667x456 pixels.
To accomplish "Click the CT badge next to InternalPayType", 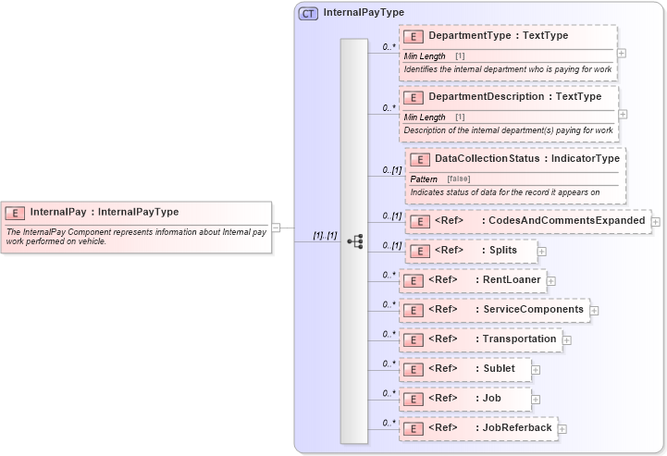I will [308, 13].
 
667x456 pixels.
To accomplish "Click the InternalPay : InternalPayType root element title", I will [104, 212].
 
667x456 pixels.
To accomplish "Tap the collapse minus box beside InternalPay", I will [277, 228].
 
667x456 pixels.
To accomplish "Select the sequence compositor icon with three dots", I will [353, 241].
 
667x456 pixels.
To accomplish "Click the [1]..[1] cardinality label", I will [325, 235].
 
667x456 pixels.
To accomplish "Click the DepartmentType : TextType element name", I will [498, 36].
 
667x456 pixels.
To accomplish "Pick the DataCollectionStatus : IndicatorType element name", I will [526, 158].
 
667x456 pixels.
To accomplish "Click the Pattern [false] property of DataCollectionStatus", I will [438, 178].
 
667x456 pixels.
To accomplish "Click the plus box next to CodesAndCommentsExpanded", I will [656, 221].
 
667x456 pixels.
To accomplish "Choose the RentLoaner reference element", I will [507, 279].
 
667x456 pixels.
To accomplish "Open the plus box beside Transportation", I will [566, 339].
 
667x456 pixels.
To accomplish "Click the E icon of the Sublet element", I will [414, 369].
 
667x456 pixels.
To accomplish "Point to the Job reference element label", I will [490, 398].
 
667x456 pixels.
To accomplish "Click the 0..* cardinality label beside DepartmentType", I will [389, 46].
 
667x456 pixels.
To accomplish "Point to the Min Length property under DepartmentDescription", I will [426, 117].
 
